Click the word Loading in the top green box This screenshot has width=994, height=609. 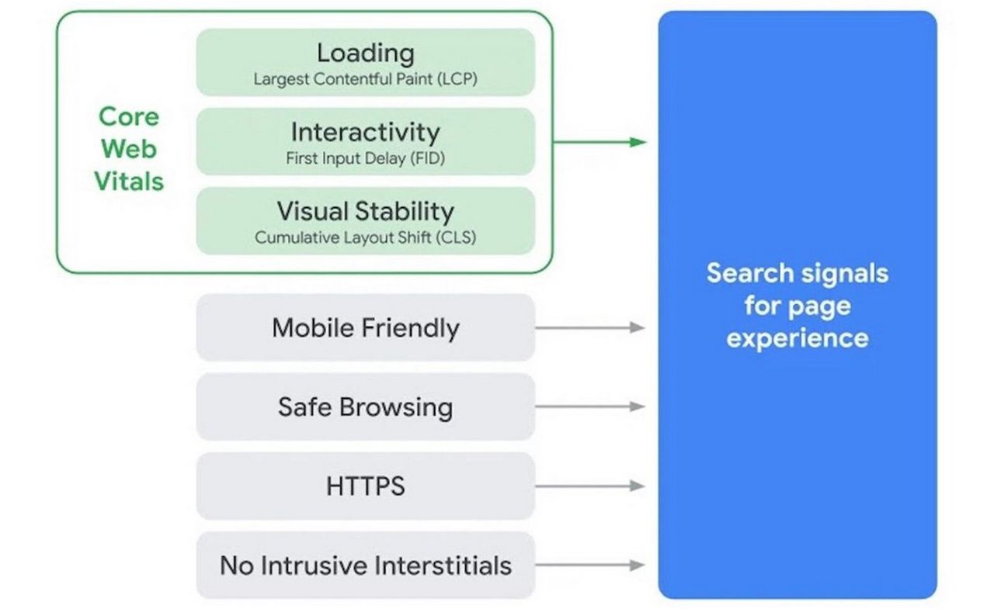(x=365, y=53)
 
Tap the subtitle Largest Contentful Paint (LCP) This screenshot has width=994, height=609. (x=365, y=79)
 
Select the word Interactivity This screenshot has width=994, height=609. (x=365, y=132)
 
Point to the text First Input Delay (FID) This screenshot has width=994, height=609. (x=365, y=158)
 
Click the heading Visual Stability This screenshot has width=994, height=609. (x=365, y=211)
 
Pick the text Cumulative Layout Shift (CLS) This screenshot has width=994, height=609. (x=365, y=237)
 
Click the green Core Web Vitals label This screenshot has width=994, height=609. (x=129, y=149)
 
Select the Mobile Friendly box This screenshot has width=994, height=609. (x=365, y=327)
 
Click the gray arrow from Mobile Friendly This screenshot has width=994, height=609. (x=590, y=327)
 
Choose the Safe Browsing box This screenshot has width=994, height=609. (x=365, y=407)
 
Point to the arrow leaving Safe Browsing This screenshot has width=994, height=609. (x=590, y=407)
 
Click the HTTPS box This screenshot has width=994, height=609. (x=365, y=486)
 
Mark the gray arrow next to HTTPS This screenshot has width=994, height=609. (x=590, y=486)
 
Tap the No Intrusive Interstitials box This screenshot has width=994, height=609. (x=365, y=565)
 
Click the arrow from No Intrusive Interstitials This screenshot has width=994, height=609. (x=590, y=565)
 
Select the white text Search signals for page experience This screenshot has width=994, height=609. (x=797, y=306)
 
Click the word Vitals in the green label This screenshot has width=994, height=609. (x=129, y=182)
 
